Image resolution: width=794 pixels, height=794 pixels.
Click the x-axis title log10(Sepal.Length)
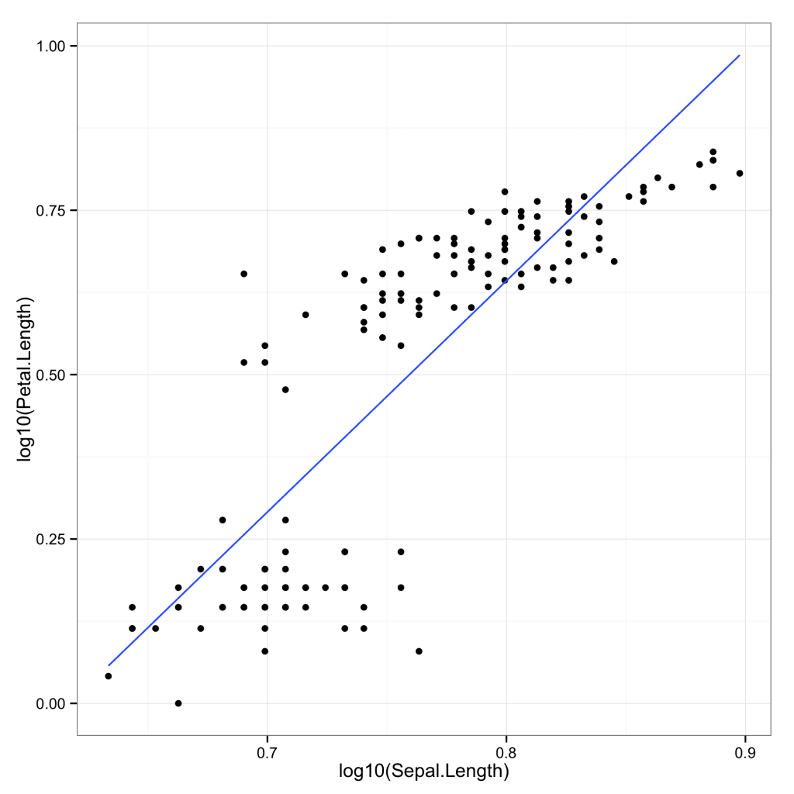click(x=423, y=772)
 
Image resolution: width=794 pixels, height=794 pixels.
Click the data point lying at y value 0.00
click(x=178, y=703)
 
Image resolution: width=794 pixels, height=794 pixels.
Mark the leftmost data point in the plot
click(x=109, y=676)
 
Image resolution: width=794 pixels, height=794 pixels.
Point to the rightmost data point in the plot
click(x=740, y=173)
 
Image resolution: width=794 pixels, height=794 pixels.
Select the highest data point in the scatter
click(x=713, y=152)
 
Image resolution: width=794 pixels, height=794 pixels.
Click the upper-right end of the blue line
click(x=740, y=56)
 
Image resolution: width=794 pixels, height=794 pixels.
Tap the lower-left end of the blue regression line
click(x=109, y=665)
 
